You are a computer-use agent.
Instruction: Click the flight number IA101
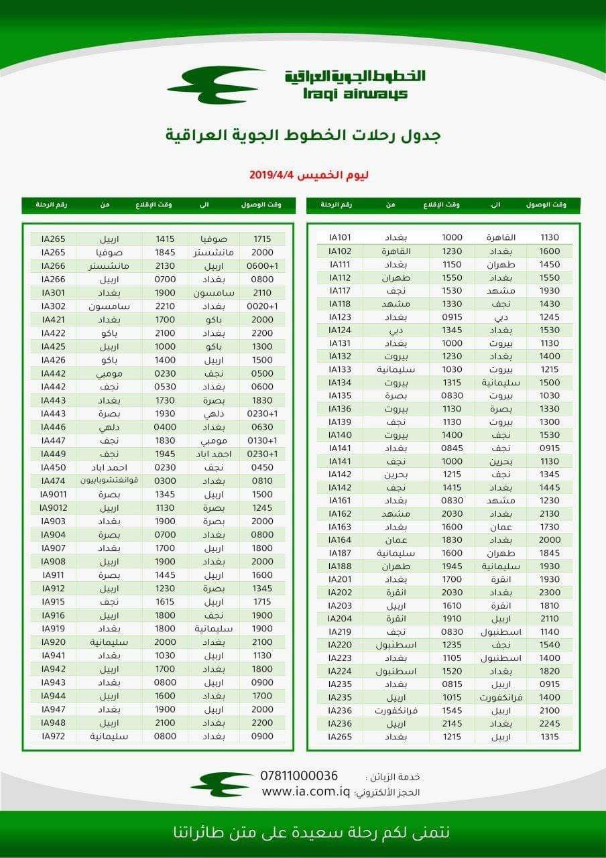click(340, 237)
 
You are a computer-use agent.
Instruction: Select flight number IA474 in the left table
click(53, 481)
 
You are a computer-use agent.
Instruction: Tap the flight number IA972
click(53, 736)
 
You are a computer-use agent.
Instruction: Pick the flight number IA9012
click(53, 507)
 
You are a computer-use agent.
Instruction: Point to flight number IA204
click(340, 619)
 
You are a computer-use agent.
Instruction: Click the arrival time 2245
click(549, 724)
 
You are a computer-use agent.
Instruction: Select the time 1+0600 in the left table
click(261, 265)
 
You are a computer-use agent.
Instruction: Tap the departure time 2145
click(452, 724)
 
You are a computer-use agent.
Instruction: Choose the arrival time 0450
click(262, 467)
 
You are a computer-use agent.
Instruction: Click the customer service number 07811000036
click(299, 776)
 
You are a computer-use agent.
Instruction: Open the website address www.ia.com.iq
click(306, 792)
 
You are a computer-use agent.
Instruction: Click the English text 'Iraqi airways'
click(355, 94)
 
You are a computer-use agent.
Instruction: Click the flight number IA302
click(53, 306)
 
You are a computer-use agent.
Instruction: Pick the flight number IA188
click(340, 566)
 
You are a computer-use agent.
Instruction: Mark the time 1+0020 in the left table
click(261, 306)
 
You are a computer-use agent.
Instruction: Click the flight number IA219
click(340, 632)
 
